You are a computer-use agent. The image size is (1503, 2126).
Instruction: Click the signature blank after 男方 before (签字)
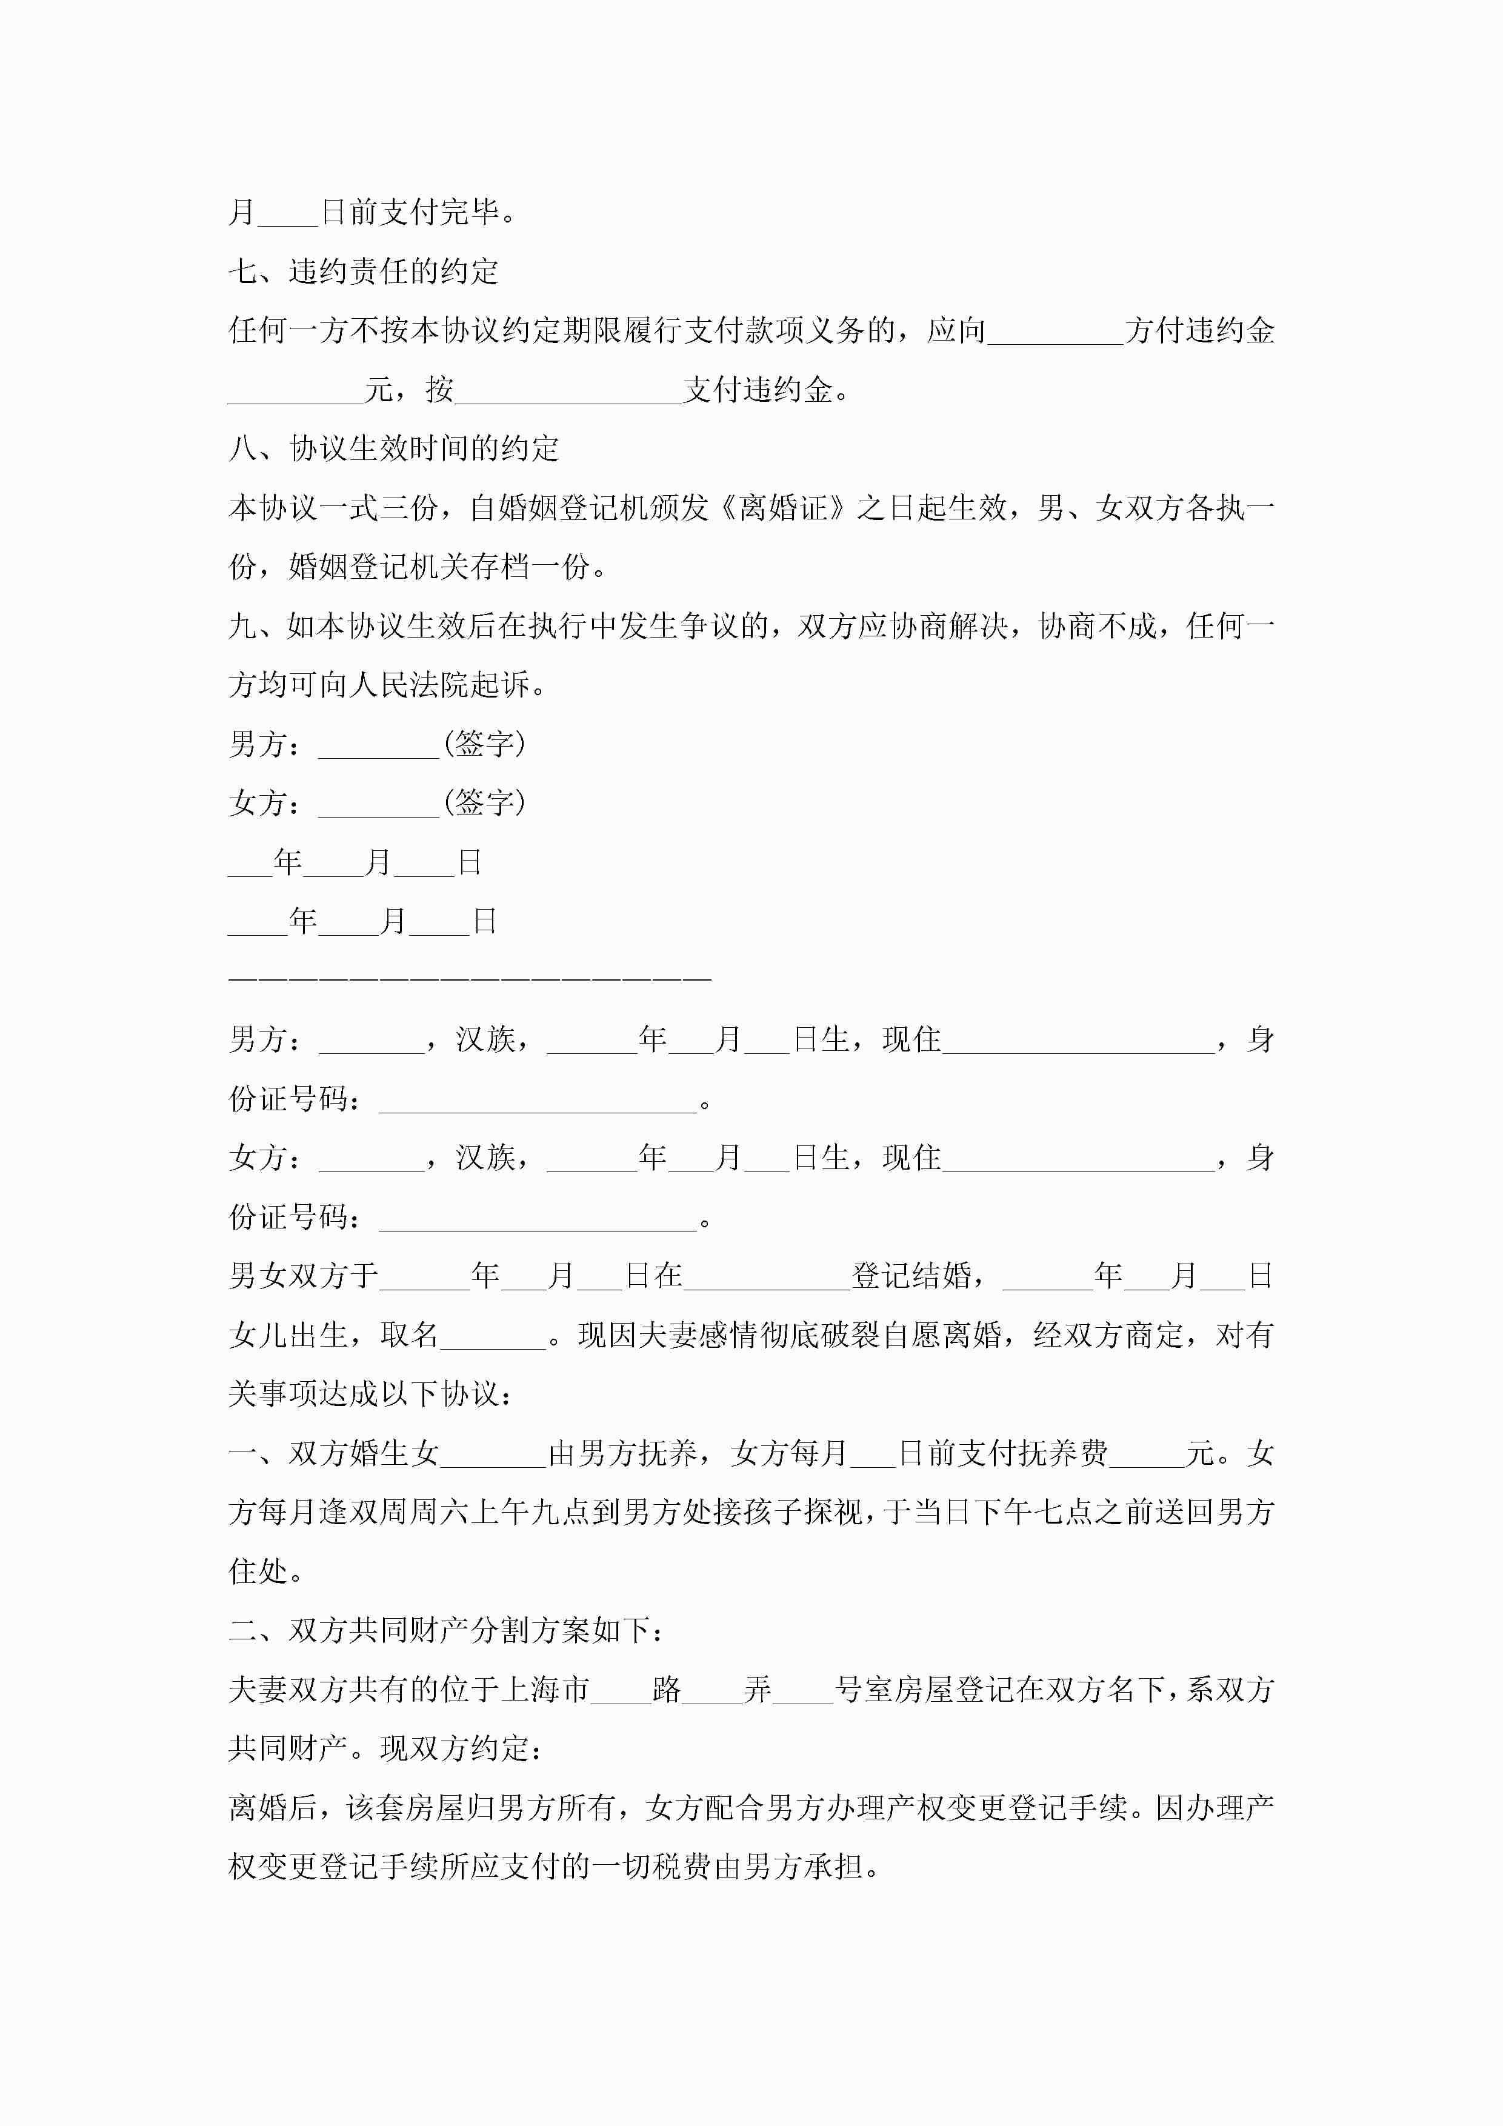point(378,745)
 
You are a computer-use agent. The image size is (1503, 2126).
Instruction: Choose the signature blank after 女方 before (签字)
point(378,804)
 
